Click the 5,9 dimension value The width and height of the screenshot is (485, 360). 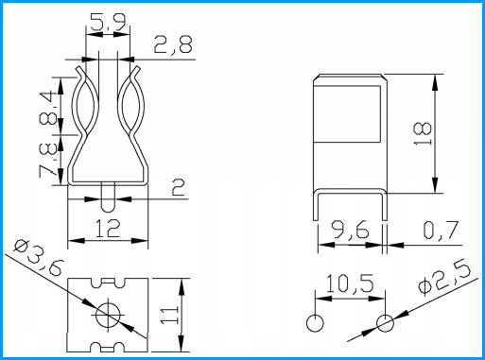(x=108, y=22)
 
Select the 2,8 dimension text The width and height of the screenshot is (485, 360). (x=173, y=44)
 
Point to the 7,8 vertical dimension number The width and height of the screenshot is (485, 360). (x=48, y=161)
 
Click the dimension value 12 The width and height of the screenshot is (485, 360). (x=108, y=229)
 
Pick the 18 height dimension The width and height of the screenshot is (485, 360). (x=423, y=133)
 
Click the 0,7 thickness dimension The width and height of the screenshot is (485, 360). (x=441, y=230)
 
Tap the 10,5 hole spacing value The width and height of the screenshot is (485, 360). (x=350, y=283)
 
